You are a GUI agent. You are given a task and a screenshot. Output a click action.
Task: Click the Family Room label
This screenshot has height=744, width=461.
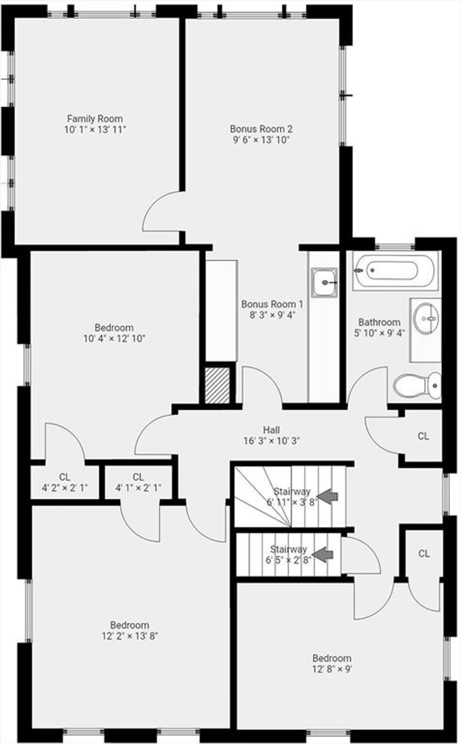[x=95, y=118]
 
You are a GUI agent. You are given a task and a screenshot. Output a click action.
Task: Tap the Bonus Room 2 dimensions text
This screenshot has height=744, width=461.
[x=262, y=140]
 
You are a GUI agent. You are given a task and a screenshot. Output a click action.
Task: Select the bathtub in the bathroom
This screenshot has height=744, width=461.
[x=395, y=271]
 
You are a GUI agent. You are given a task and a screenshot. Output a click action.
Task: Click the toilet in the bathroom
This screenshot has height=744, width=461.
[x=417, y=386]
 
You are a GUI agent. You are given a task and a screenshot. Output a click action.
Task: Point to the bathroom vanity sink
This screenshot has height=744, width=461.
[x=426, y=319]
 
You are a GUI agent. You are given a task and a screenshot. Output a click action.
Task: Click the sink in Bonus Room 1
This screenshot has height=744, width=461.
[x=324, y=283]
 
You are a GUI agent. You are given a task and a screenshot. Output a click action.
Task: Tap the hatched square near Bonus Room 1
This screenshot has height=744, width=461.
[x=217, y=386]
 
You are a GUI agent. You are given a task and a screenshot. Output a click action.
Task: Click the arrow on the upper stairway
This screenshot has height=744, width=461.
[x=327, y=497]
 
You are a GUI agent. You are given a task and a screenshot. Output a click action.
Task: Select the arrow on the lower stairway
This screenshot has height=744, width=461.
[x=322, y=555]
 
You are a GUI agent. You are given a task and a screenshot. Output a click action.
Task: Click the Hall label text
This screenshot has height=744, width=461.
[x=271, y=430]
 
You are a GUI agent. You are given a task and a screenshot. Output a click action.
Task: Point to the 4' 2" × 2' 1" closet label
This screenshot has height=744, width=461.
[x=65, y=488]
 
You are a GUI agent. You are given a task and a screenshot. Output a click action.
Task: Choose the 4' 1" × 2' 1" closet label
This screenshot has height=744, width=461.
[x=138, y=488]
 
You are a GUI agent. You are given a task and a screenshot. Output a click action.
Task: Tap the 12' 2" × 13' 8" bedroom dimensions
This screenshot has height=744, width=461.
[x=130, y=636]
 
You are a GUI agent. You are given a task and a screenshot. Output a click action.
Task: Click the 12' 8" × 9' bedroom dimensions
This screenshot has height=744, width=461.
[x=332, y=669]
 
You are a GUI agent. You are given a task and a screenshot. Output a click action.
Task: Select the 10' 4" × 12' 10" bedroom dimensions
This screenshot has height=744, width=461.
[x=114, y=339]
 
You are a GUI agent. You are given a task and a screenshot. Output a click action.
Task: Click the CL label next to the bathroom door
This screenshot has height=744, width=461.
[x=423, y=436]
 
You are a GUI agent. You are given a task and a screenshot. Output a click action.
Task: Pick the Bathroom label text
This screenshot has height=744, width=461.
[x=380, y=322]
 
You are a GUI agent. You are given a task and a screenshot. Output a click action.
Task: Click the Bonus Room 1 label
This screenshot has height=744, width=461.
[x=272, y=304]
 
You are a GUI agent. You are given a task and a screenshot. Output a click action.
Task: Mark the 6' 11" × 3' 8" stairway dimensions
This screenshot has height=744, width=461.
[x=292, y=502]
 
